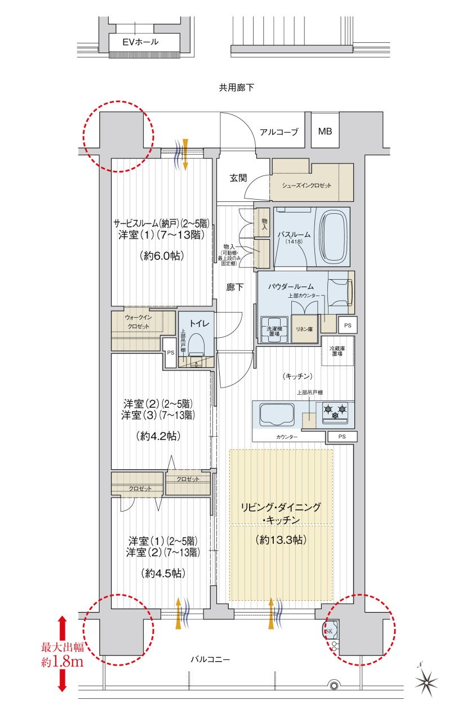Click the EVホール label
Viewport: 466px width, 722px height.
(x=140, y=42)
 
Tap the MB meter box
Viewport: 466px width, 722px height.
(x=325, y=131)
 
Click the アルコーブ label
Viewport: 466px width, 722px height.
(x=279, y=132)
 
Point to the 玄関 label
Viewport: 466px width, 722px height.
(x=238, y=178)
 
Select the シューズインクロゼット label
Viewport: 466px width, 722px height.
(x=307, y=186)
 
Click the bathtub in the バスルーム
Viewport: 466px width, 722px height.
(x=334, y=236)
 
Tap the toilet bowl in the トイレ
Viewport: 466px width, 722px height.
(x=197, y=344)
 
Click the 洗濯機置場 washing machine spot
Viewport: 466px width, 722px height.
(x=274, y=330)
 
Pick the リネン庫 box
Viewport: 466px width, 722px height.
(x=304, y=329)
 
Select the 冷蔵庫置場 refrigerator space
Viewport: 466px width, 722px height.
(x=338, y=351)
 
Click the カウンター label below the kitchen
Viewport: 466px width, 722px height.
(x=287, y=437)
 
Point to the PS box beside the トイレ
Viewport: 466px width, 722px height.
(x=170, y=353)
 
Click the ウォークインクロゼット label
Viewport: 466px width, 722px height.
(x=138, y=322)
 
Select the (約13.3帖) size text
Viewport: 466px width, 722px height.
(x=281, y=540)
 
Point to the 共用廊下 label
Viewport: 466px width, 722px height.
(x=237, y=87)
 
